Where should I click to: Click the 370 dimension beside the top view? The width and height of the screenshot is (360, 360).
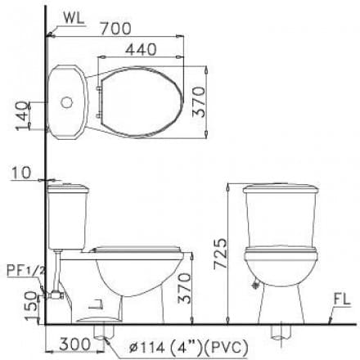pyautogui.click(x=214, y=101)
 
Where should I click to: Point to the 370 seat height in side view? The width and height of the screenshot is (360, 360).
pyautogui.click(x=196, y=286)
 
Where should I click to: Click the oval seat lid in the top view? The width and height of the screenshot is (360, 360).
pyautogui.click(x=139, y=102)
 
